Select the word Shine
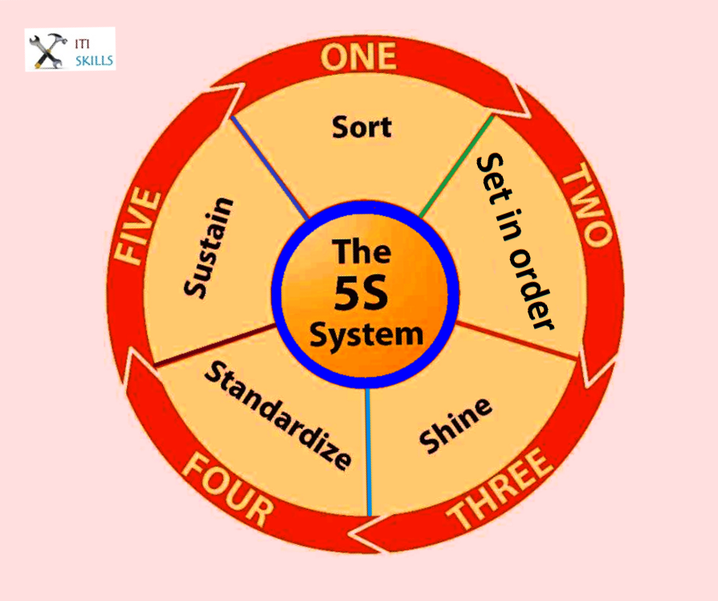tap(455, 425)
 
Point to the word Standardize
tap(278, 415)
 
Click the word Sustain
tap(208, 247)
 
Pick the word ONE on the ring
tap(358, 56)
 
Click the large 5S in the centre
tap(361, 294)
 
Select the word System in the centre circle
tap(366, 334)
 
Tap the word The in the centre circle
tap(362, 251)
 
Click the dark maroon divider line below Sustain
tap(213, 346)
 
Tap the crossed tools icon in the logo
tap(47, 49)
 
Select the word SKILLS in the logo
tap(94, 59)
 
